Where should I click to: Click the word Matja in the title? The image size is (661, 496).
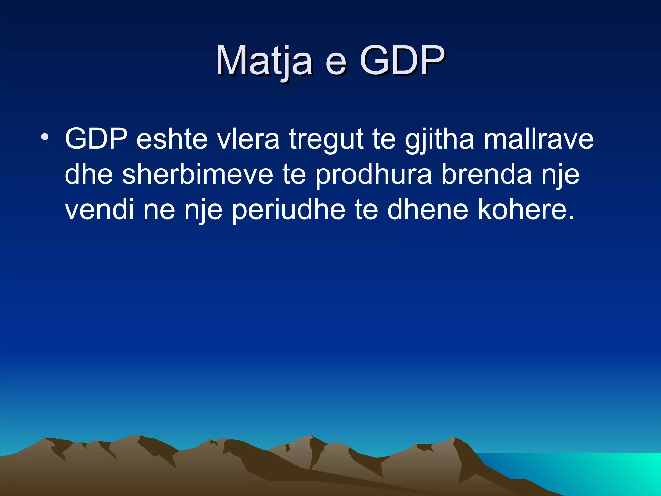(x=264, y=61)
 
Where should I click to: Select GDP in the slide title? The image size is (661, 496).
(x=402, y=61)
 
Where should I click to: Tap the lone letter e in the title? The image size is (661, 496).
(x=336, y=63)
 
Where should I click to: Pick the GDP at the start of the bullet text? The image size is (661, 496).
(x=96, y=139)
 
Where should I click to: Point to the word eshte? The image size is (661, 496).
(x=172, y=139)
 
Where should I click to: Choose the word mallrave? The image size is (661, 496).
(x=538, y=139)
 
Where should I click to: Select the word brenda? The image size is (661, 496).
(x=486, y=174)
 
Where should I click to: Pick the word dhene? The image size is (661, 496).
(x=428, y=210)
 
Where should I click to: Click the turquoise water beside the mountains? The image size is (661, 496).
(x=597, y=471)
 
